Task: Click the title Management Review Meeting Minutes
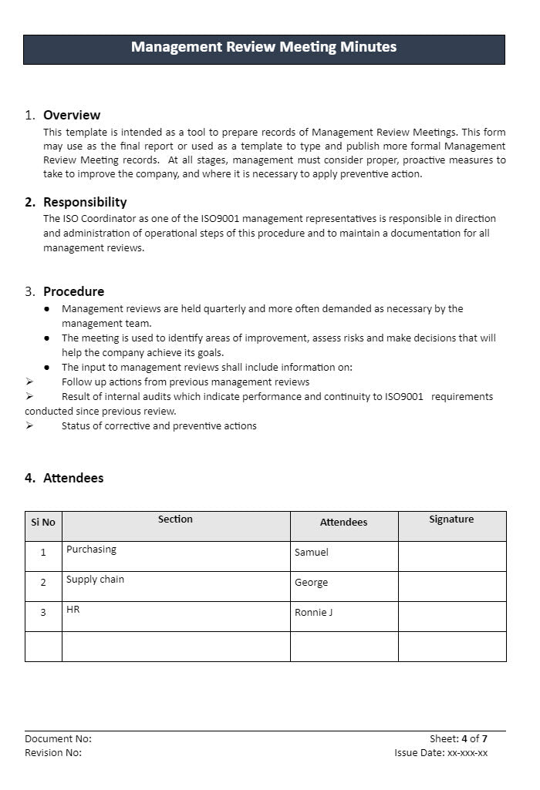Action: point(264,47)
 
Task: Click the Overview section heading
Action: point(72,116)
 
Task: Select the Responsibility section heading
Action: point(85,203)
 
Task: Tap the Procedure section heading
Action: point(73,292)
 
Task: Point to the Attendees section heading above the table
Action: point(73,479)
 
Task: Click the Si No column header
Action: point(43,523)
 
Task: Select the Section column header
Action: point(175,519)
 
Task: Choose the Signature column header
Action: point(451,519)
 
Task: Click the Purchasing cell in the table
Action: point(91,550)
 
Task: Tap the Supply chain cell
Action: point(95,580)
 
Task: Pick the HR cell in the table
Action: point(73,610)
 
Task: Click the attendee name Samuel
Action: point(312,553)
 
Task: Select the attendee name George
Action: point(312,583)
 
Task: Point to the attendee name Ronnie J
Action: point(314,613)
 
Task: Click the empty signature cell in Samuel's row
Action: point(452,556)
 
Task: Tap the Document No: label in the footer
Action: point(58,739)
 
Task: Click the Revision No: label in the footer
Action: point(53,753)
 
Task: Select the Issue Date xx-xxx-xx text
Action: point(440,753)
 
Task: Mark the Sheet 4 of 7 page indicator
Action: point(458,739)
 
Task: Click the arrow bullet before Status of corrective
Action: point(29,426)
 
